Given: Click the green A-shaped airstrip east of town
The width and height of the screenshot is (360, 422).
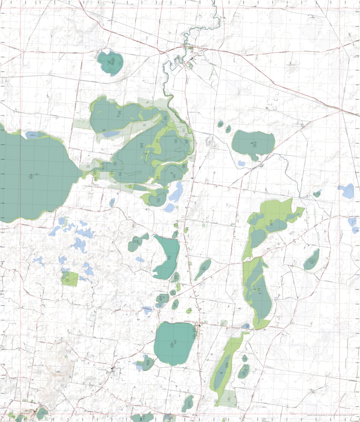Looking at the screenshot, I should (213, 73).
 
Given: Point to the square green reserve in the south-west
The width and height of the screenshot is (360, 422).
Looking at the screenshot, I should (70, 279).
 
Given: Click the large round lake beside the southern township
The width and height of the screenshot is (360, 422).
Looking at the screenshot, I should (175, 343).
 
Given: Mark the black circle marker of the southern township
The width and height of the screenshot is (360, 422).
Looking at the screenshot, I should (200, 325).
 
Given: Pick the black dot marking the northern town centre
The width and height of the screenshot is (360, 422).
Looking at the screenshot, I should (192, 58).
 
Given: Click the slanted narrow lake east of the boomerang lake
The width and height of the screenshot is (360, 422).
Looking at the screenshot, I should (203, 269).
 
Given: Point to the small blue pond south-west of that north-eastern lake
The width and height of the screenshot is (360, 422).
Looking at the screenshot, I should (242, 163).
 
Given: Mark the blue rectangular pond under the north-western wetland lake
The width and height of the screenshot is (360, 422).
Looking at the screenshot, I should (111, 134).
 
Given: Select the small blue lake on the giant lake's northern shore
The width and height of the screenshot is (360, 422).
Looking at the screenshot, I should (32, 135).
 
